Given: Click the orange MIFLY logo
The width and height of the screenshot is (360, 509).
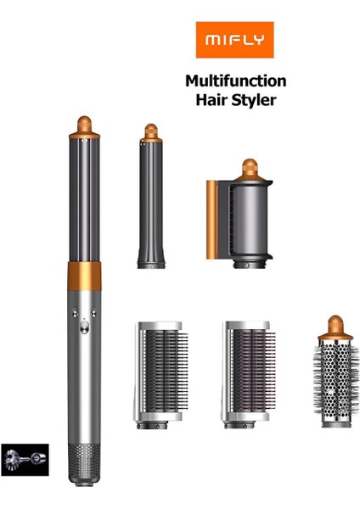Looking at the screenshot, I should tap(233, 40).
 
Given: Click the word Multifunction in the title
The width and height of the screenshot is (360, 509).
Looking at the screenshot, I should tap(235, 81).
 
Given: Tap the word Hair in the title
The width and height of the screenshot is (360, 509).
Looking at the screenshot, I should tap(212, 99).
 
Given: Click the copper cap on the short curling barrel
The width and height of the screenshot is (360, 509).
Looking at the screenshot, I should tap(150, 132).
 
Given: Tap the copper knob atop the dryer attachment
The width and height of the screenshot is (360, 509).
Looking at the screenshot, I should tap(249, 167).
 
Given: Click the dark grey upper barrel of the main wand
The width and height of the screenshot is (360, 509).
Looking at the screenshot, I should tap(85, 195).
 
